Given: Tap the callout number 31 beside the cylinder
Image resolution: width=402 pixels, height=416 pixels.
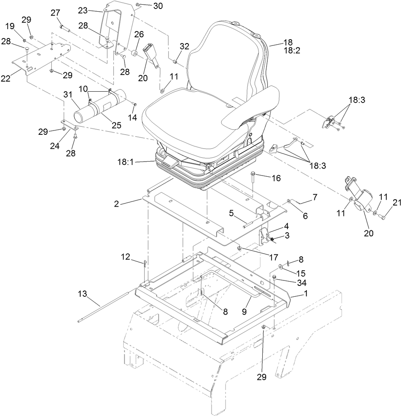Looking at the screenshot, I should pos(68,94).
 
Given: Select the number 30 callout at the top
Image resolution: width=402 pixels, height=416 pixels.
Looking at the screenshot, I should pos(147,6).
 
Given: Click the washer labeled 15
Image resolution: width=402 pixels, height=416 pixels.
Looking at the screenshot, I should pos(280,267).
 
